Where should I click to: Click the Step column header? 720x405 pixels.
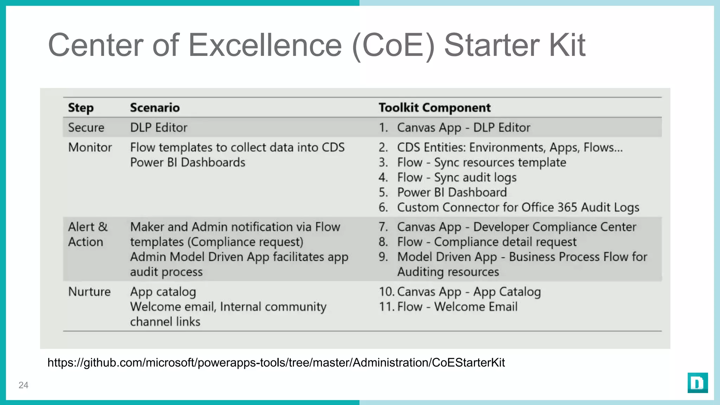81,108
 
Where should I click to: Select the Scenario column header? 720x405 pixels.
155,108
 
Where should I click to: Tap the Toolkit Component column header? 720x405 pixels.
435,108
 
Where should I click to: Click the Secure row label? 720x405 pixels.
86,127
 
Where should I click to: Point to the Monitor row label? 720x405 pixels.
90,147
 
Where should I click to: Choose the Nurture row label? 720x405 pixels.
89,291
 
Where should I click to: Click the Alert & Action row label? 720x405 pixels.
88,234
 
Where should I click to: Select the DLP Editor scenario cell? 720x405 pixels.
159,127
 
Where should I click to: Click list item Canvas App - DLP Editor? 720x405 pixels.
463,127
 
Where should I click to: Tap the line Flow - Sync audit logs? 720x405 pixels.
457,178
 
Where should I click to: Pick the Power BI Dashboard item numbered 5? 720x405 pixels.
452,192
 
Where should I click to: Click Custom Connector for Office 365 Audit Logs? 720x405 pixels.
518,207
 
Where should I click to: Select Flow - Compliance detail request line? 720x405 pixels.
487,242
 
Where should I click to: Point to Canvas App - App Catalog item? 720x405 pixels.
469,292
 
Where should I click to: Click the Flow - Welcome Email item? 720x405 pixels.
457,307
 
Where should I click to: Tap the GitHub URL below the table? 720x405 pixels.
276,362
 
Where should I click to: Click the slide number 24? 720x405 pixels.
23,385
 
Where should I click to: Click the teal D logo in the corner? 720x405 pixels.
697,383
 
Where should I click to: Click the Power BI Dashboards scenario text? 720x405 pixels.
187,162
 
